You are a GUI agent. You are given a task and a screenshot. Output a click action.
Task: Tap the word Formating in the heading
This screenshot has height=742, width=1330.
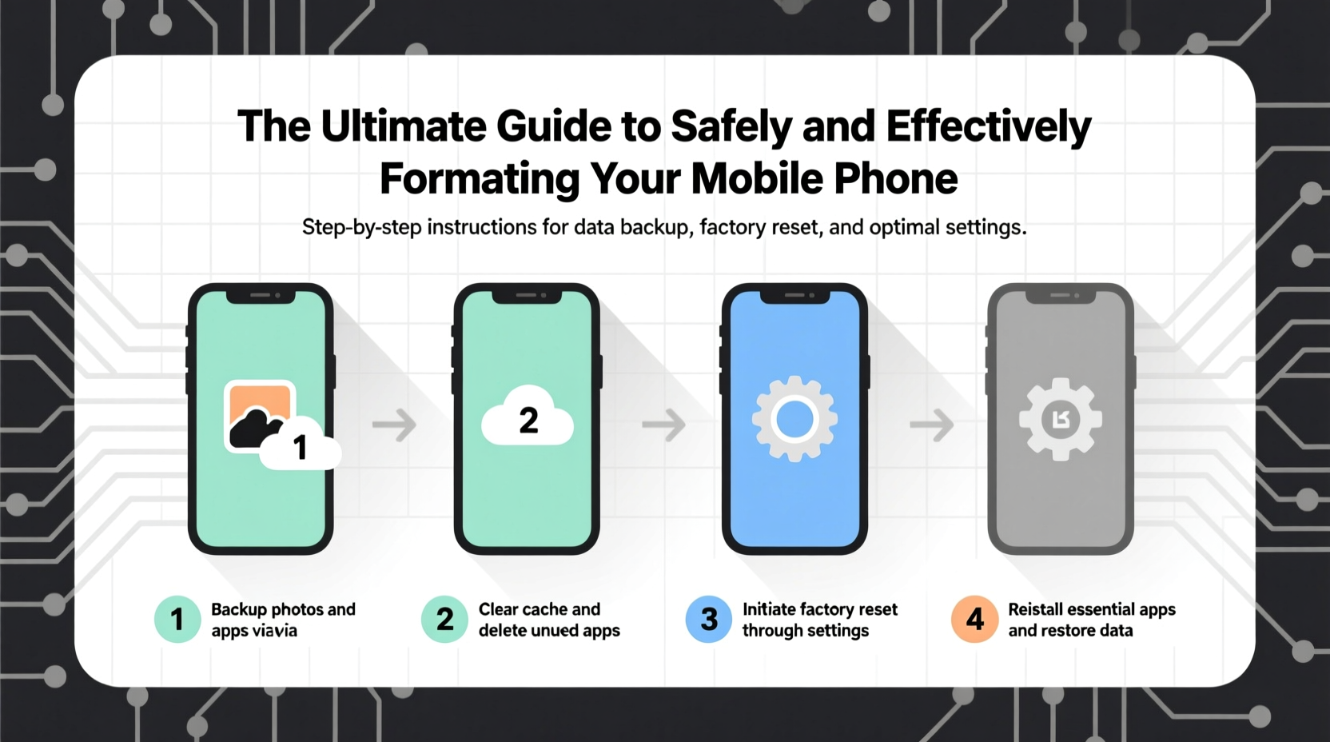[x=479, y=178]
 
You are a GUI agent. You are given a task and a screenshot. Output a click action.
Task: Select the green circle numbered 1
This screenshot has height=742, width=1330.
[x=177, y=619]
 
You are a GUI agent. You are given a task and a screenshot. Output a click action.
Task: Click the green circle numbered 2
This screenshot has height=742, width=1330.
[x=444, y=619]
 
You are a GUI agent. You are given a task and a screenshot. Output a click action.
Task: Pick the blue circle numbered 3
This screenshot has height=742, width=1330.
[x=709, y=619]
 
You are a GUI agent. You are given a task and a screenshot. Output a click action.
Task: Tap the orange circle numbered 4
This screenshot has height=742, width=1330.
[x=974, y=619]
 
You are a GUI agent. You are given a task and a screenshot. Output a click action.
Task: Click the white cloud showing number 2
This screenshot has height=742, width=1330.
[x=528, y=418]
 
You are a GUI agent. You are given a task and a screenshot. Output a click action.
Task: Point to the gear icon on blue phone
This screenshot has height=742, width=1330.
[x=794, y=418]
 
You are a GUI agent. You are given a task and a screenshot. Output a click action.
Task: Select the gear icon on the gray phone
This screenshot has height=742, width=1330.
[x=1061, y=419]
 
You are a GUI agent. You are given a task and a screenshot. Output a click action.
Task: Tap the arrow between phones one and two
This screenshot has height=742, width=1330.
[x=395, y=425]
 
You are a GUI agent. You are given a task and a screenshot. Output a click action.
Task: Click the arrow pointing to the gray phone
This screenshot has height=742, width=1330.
[x=932, y=425]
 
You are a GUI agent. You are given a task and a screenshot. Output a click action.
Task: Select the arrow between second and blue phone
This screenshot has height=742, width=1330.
[x=664, y=425]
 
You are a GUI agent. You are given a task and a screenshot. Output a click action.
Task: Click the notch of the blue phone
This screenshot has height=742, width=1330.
[x=794, y=296]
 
